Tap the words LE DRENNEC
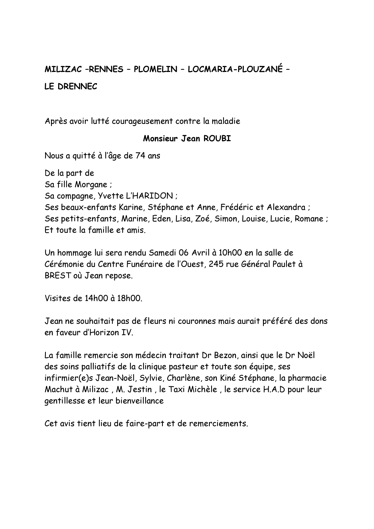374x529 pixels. [71, 87]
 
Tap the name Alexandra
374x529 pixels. [286, 207]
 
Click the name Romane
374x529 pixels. [309, 219]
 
